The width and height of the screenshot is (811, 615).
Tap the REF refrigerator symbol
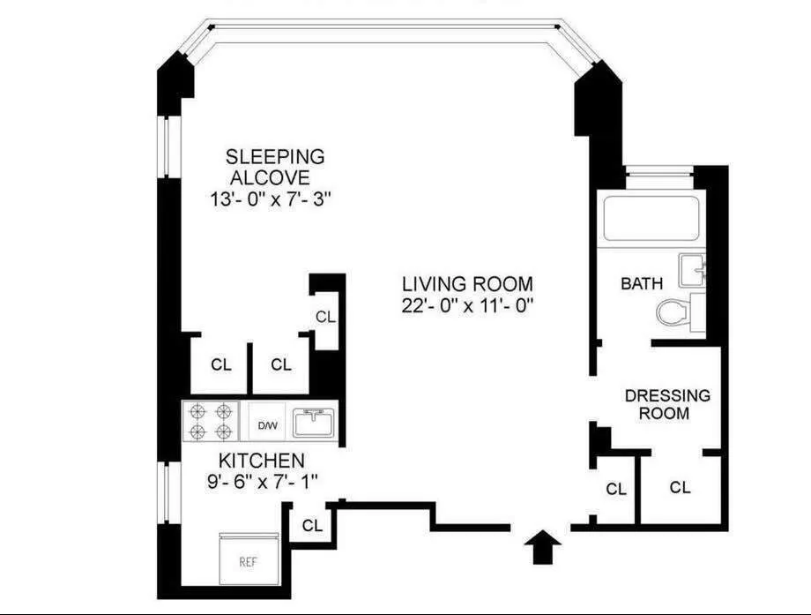pos(249,560)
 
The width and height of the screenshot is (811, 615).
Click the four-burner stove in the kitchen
pos(211,421)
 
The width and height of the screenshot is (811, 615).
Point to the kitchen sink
pos(315,422)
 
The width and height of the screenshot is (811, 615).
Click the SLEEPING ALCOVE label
pos(274,167)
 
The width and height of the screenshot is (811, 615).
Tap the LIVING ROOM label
pos(467,284)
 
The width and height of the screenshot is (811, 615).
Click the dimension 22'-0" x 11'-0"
pos(467,305)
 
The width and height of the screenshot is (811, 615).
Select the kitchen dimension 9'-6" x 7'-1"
pos(262,482)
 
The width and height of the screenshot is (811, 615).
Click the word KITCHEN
pos(262,461)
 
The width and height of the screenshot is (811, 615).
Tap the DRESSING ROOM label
pos(666,404)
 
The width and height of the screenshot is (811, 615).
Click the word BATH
pos(642,284)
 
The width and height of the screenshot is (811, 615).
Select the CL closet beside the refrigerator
pos(312,525)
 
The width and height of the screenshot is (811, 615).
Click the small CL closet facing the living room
pos(325,317)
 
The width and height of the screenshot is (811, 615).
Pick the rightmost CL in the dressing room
pos(680,487)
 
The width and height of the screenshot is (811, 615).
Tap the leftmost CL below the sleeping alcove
pos(220,364)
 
